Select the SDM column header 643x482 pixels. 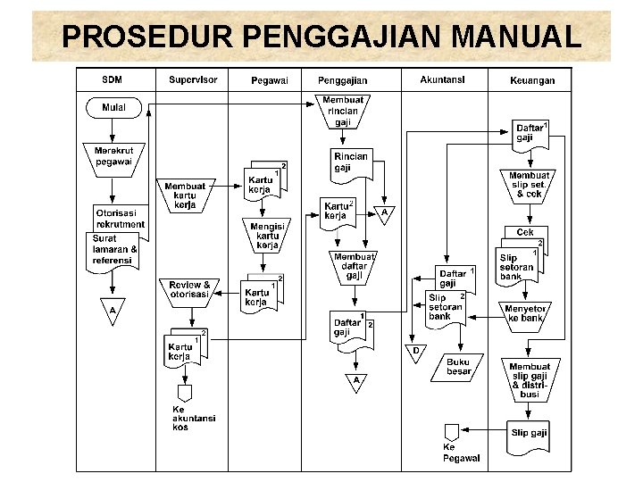(112, 79)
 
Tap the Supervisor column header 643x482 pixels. (193, 79)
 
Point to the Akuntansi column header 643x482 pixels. (442, 79)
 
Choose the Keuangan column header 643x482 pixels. (532, 79)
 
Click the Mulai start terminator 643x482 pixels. (113, 108)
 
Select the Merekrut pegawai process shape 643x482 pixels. (113, 157)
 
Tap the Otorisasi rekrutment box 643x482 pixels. (120, 218)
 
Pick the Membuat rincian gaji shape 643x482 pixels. (343, 110)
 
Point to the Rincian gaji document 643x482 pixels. (351, 163)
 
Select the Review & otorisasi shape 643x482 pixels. (189, 290)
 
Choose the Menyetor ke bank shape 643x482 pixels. (526, 313)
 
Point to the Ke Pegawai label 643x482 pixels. (461, 453)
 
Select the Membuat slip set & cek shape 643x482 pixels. (529, 184)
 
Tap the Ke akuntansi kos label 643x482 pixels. (193, 418)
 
